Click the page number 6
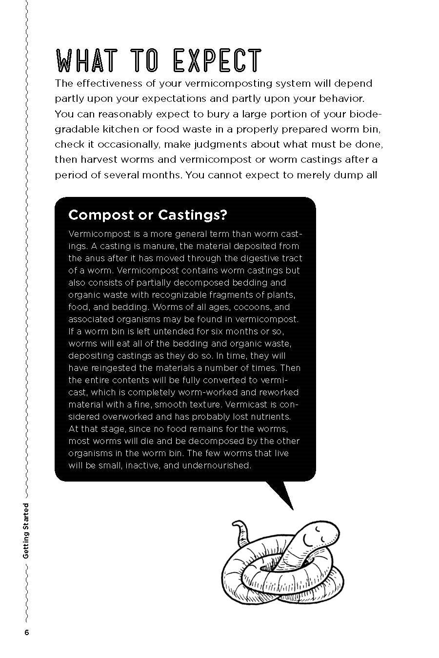coord(26,632)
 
